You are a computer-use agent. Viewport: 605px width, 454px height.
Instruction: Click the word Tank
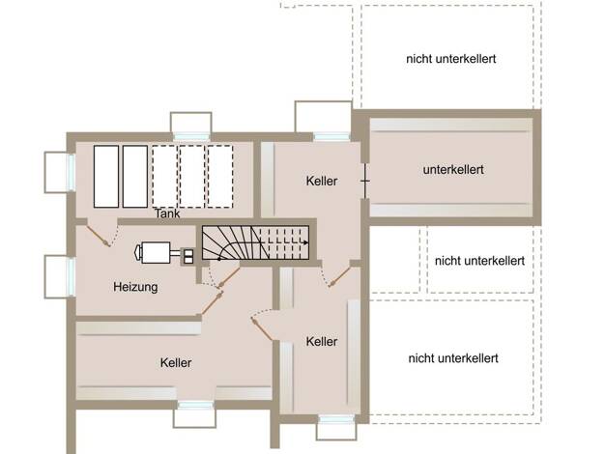[167, 213]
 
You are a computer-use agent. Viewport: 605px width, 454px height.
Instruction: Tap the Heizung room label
[135, 287]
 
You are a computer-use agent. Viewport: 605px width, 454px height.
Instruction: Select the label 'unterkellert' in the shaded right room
[453, 170]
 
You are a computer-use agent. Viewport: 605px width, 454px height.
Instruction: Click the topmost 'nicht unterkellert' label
[451, 59]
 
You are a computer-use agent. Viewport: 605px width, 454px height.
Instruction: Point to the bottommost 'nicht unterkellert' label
[453, 358]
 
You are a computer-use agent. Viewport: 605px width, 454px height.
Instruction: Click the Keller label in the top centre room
[322, 181]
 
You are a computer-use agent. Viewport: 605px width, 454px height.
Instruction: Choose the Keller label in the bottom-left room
[176, 362]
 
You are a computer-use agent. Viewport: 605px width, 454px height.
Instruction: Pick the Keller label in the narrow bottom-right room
[322, 341]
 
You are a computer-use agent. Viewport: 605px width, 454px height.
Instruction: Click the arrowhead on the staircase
[306, 242]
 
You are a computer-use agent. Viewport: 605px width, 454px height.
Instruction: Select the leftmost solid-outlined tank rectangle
[106, 177]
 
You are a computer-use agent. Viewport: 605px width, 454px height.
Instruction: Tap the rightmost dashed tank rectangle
[220, 177]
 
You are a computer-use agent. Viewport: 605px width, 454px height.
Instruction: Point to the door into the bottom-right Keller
[262, 329]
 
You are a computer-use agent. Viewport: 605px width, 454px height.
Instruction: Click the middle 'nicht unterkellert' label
[479, 261]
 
